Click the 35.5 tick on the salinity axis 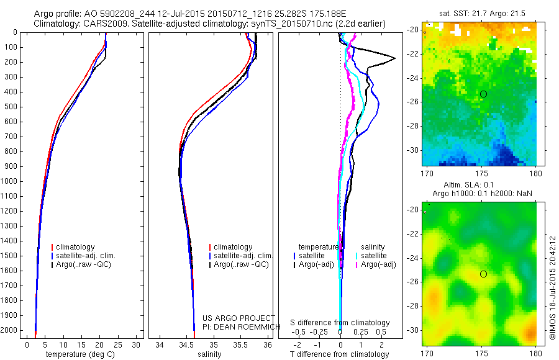[x=240, y=344]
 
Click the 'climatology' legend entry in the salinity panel [x=233, y=247]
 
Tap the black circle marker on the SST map [x=483, y=94]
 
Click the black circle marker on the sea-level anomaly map [x=483, y=274]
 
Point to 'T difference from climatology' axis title [x=340, y=354]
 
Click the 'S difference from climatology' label [x=340, y=323]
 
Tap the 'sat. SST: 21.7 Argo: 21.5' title [x=479, y=13]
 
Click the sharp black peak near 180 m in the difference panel [x=394, y=58]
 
